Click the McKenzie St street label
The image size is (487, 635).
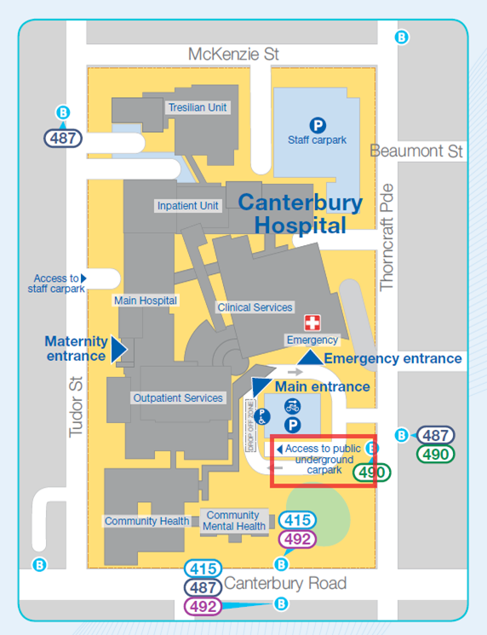coord(233,54)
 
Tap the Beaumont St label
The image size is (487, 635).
coord(417,151)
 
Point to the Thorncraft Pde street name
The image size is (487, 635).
coord(388,237)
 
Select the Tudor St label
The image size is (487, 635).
coord(76,408)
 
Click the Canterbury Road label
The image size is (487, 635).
coord(284,583)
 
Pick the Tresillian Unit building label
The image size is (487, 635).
coord(197,108)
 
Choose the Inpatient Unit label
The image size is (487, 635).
coord(187,206)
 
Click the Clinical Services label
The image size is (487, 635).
coord(255,307)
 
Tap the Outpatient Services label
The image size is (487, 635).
coord(178,398)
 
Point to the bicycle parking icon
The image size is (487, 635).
coord(292,406)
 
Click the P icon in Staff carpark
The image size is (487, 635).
coord(317,125)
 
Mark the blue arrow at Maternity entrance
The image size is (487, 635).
coord(118,348)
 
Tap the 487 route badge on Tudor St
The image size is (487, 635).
coord(64,137)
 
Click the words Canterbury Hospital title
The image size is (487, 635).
coord(300,214)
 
